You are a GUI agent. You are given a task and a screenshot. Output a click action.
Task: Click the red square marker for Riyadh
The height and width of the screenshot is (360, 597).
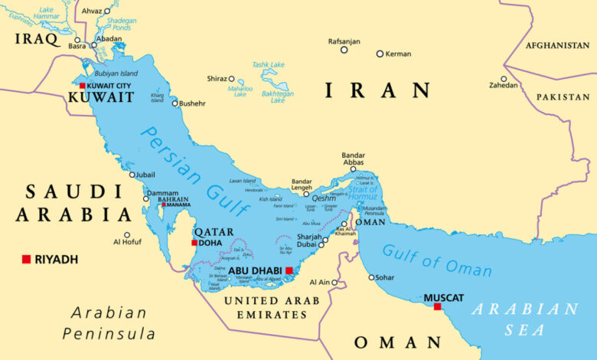pyautogui.click(x=26, y=259)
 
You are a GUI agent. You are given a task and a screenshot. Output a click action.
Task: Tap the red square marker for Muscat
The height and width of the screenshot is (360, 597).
pyautogui.click(x=437, y=306)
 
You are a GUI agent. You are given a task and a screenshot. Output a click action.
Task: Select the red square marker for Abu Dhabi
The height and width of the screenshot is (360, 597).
pyautogui.click(x=289, y=270)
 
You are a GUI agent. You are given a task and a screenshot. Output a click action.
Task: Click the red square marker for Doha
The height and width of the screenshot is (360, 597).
pyautogui.click(x=194, y=243)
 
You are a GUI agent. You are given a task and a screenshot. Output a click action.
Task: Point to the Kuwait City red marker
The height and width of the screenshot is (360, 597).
pyautogui.click(x=82, y=86)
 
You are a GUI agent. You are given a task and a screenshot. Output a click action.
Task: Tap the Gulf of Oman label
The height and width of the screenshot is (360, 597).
pyautogui.click(x=436, y=260)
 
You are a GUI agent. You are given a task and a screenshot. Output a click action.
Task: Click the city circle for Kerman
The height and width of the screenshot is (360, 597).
pyautogui.click(x=380, y=54)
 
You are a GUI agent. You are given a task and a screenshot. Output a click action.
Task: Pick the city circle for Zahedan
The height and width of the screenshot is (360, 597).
pyautogui.click(x=504, y=79)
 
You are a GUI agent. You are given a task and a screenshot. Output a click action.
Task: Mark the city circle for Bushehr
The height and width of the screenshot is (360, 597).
pyautogui.click(x=175, y=103)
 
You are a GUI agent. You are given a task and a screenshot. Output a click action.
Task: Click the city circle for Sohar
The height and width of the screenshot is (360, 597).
pyautogui.click(x=371, y=277)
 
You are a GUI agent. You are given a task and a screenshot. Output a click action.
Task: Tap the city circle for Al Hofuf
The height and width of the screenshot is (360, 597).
pyautogui.click(x=127, y=235)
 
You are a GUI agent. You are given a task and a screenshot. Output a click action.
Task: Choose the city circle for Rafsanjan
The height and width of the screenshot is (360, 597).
pyautogui.click(x=344, y=50)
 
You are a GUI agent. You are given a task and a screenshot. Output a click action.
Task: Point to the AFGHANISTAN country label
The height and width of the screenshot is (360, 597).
pyautogui.click(x=557, y=45)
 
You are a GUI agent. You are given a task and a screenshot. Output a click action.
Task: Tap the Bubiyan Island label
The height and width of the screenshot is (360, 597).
pyautogui.click(x=116, y=74)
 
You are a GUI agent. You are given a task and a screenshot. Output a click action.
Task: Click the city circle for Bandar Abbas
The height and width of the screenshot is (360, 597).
pyautogui.click(x=353, y=169)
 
